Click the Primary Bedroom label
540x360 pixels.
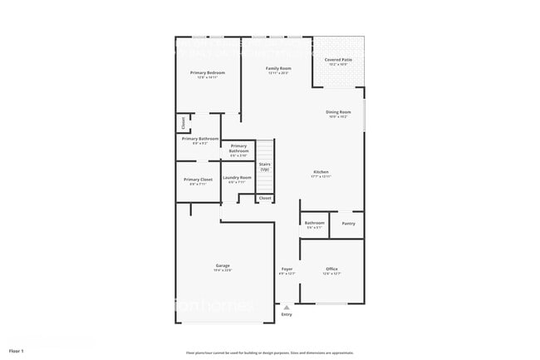[x=208, y=73]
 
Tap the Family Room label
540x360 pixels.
[x=278, y=68]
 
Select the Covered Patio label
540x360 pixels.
[x=337, y=60]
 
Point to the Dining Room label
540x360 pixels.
[x=338, y=112]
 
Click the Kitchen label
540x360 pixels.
[x=321, y=172]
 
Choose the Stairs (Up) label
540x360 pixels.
[x=264, y=165]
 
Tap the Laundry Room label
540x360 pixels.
[x=237, y=177]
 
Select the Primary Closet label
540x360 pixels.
[x=198, y=180]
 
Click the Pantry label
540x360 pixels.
[x=348, y=223]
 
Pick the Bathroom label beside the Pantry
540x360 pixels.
[x=314, y=223]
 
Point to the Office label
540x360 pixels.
[x=331, y=269]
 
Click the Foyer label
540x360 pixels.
[x=287, y=269]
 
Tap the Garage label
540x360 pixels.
[x=223, y=265]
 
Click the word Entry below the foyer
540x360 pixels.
[x=287, y=314]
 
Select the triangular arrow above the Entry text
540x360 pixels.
[x=287, y=307]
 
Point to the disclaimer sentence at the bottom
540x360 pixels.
[x=269, y=352]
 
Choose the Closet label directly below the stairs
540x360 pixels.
[x=264, y=199]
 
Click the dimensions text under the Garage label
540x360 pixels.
[x=223, y=270]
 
